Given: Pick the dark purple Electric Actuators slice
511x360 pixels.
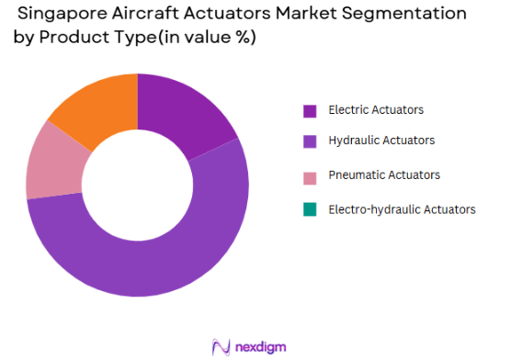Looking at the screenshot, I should pos(189,109).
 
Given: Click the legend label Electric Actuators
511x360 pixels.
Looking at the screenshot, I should pos(377,110).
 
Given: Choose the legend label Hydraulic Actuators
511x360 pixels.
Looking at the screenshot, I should pos(381,141).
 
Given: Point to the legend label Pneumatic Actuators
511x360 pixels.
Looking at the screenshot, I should pos(384,174).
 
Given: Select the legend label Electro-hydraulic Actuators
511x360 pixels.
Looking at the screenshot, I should pos(402,209).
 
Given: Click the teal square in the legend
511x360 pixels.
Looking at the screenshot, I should pos(310,209).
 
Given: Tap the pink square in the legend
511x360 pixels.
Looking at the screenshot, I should pos(310,174).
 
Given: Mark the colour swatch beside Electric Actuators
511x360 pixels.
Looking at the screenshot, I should pos(310,110).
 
